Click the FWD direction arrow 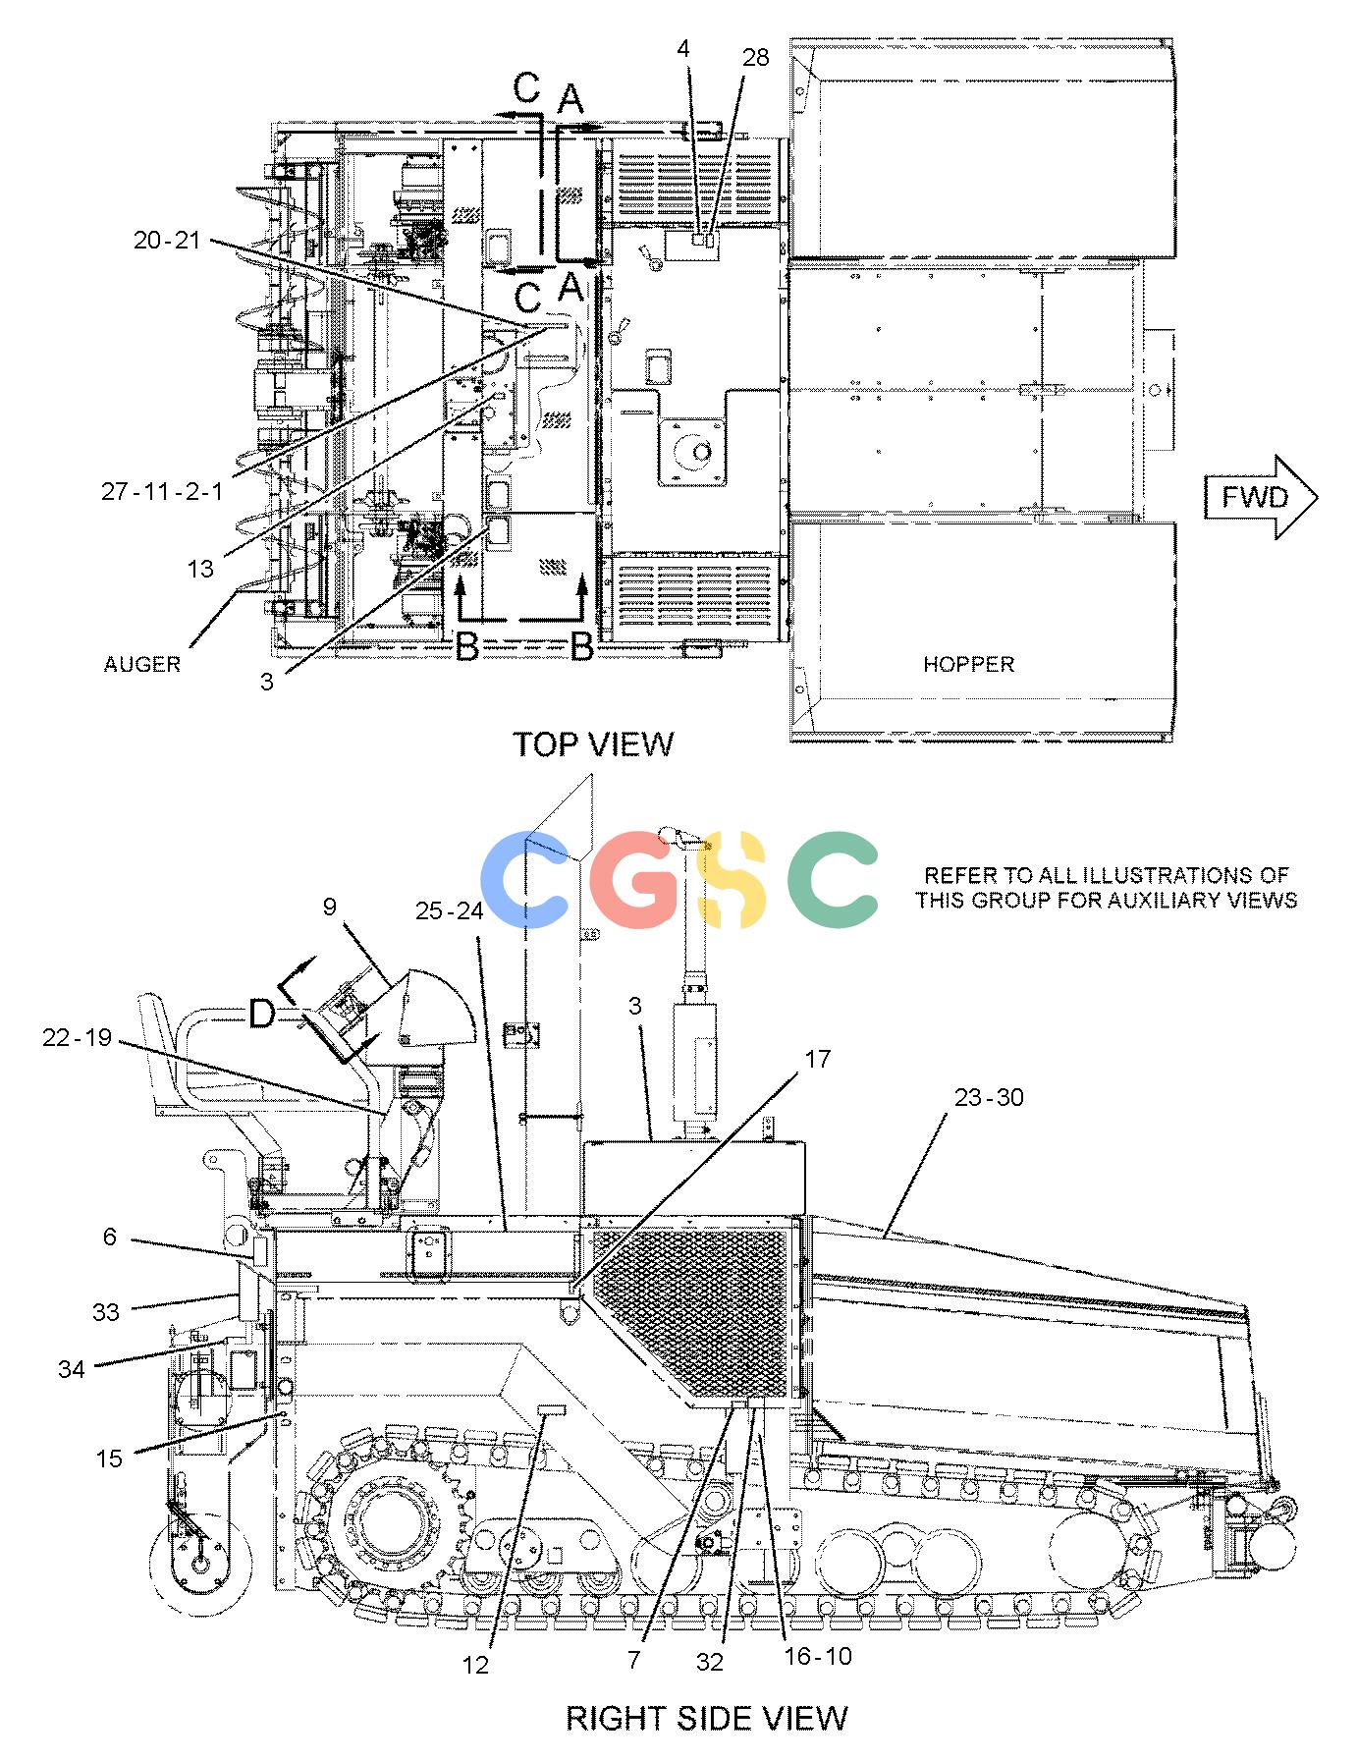(x=1261, y=497)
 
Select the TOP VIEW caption (x=594, y=744)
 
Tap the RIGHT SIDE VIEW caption (x=706, y=1717)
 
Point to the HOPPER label (x=968, y=664)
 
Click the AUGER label (x=142, y=664)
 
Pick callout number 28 (x=755, y=58)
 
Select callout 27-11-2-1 (x=162, y=491)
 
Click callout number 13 (x=200, y=569)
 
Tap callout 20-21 (x=167, y=239)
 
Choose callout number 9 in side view (x=330, y=906)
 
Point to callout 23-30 (x=989, y=1096)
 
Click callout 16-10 (x=818, y=1655)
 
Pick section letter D (x=261, y=1013)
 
